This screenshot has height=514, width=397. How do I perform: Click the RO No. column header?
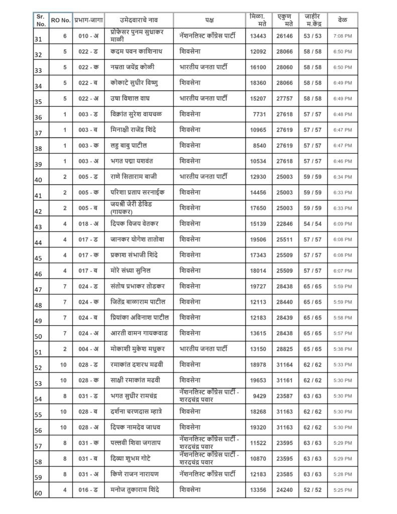point(61,21)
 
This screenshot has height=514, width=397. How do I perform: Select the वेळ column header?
point(343,20)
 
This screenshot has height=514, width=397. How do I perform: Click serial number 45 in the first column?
point(38,259)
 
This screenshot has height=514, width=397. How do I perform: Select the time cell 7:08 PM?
point(343,36)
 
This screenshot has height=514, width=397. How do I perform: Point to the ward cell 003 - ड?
point(88,114)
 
